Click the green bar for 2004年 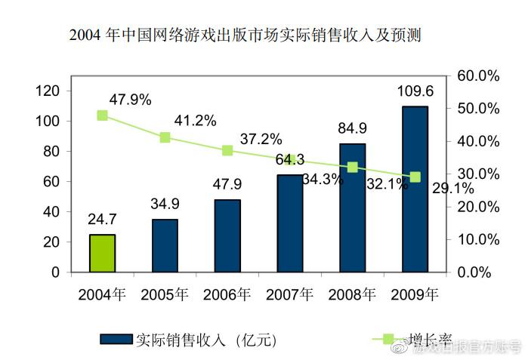click(102, 254)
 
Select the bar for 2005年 click(165, 245)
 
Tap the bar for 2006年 click(227, 235)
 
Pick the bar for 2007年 click(289, 223)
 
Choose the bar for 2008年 click(352, 208)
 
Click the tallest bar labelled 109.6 click(415, 189)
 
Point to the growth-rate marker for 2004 click(102, 115)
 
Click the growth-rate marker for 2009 click(415, 177)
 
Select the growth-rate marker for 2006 click(227, 150)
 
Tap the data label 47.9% click(130, 99)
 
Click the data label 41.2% click(195, 120)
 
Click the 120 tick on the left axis click(48, 91)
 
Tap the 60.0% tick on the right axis click(478, 76)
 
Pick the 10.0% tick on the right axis click(478, 239)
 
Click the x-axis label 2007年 click(289, 294)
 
